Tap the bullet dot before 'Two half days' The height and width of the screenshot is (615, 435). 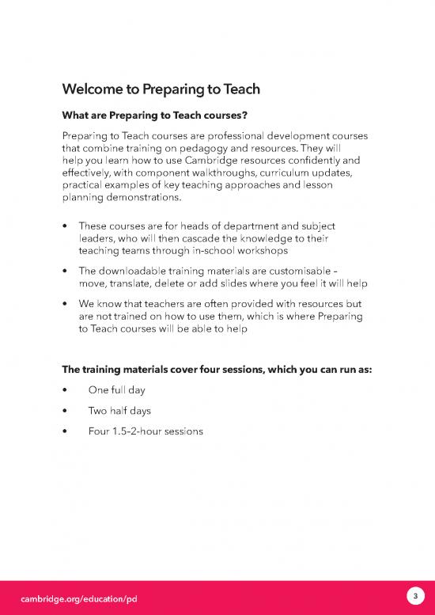coord(64,412)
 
